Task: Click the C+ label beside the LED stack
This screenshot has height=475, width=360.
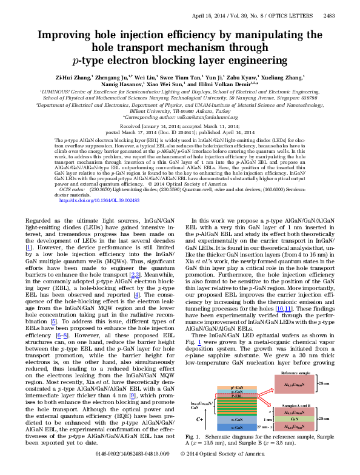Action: pyautogui.click(x=199, y=419)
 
